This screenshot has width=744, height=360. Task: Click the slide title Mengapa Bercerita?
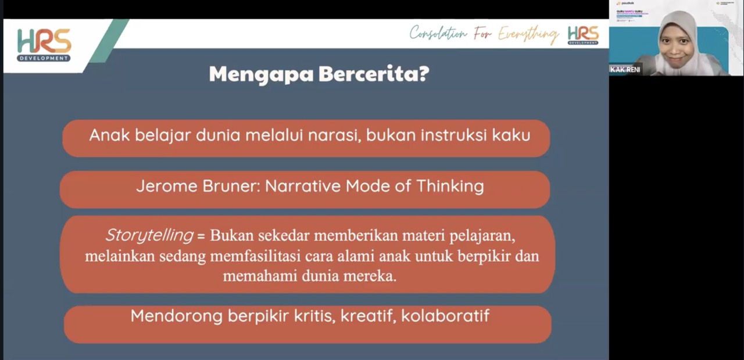point(319,74)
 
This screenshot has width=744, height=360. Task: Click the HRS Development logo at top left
point(44,45)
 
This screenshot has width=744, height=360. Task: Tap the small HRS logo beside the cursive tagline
point(583,35)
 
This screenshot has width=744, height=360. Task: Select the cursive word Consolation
point(438,33)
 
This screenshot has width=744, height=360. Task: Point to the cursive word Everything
point(528,35)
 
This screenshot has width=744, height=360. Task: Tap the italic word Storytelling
point(149,236)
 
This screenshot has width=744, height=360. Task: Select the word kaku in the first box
point(511,135)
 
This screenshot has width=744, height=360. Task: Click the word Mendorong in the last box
point(176,316)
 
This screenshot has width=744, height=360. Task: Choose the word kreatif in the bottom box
point(367,316)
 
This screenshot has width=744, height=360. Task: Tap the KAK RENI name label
point(625,69)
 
